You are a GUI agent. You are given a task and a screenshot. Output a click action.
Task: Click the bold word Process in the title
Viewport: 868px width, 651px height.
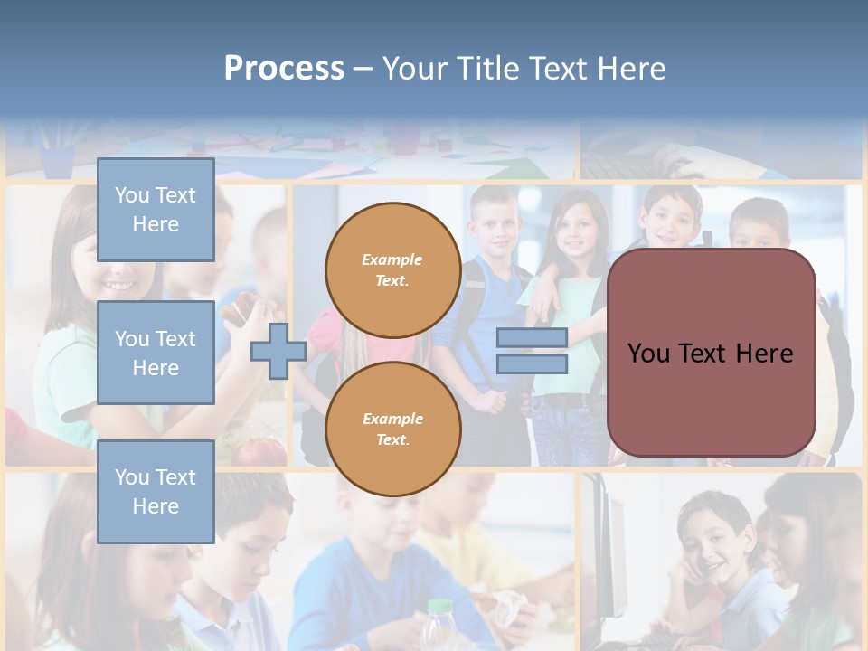[x=284, y=69]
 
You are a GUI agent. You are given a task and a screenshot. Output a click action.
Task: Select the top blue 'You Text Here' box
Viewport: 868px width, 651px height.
[x=156, y=210]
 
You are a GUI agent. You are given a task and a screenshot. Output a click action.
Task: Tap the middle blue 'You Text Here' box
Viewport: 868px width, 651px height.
[x=156, y=353]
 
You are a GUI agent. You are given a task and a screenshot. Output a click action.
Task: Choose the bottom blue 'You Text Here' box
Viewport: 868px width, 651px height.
[x=156, y=491]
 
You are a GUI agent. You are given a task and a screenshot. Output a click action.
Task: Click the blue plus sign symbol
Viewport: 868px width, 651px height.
[x=278, y=352]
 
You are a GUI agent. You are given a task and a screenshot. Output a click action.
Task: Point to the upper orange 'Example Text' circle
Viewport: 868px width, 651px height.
[x=392, y=269]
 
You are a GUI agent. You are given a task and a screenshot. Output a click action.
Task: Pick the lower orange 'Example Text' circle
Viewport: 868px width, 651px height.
[x=392, y=429]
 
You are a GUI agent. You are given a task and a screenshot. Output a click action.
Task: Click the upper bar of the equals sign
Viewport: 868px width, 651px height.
[x=532, y=338]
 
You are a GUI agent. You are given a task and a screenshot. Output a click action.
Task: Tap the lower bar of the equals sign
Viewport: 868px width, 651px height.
[x=532, y=363]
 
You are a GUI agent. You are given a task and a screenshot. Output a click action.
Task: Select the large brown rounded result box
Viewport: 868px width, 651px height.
[x=711, y=353]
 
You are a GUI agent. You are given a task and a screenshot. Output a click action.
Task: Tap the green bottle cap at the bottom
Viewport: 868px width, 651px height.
[x=439, y=606]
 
